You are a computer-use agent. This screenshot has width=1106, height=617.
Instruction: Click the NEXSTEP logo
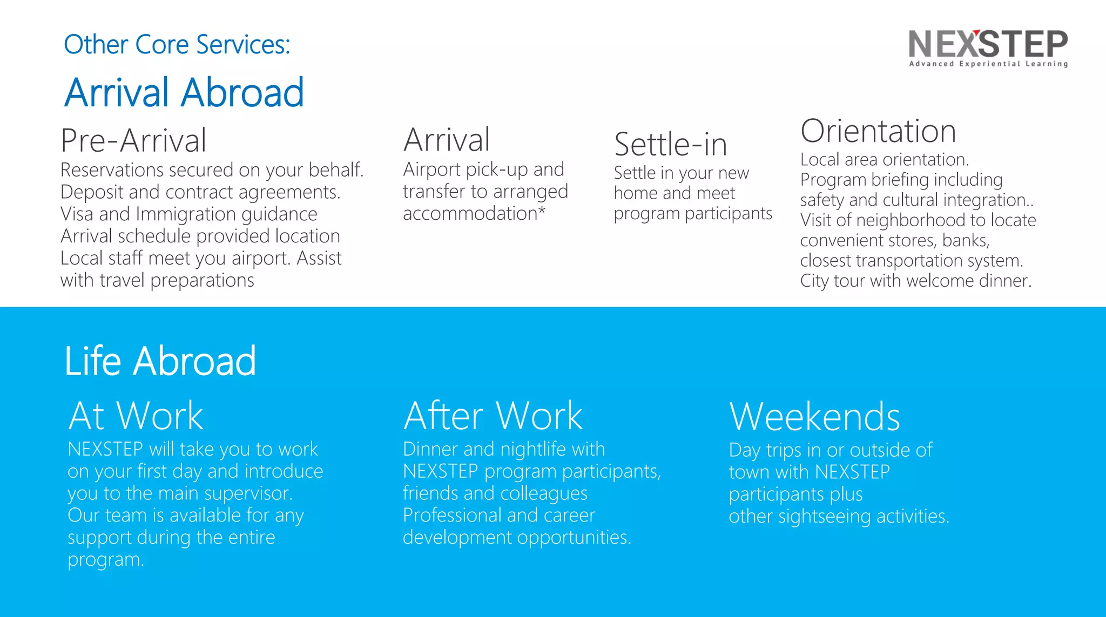[x=988, y=44]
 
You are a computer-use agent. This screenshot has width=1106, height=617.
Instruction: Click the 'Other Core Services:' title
[x=177, y=45]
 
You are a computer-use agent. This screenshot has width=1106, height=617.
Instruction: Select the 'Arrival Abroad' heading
[x=184, y=92]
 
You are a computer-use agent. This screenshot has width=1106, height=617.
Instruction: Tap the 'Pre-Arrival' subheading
[x=133, y=140]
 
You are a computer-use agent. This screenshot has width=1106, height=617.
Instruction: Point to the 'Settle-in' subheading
[x=671, y=145]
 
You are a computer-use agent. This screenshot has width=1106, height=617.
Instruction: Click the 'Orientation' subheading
[x=878, y=131]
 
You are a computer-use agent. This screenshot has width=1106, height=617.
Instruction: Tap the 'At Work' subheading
[x=136, y=416]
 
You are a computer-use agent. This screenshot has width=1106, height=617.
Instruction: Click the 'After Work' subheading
[x=493, y=416]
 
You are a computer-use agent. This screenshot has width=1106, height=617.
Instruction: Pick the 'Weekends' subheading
[x=814, y=417]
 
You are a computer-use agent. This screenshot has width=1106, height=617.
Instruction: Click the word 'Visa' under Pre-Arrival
[x=77, y=214]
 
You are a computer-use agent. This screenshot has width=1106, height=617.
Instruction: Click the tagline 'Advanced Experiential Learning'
[x=988, y=64]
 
